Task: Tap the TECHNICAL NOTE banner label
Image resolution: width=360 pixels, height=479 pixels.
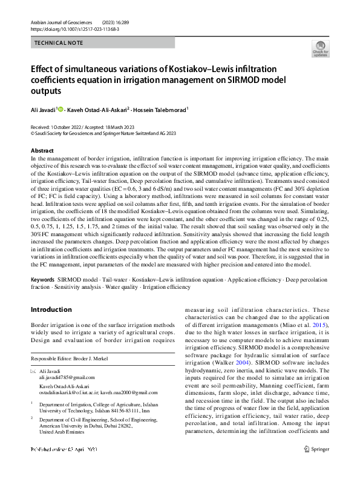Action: click(x=59, y=44)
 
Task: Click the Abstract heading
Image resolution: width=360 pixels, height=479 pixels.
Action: click(x=42, y=150)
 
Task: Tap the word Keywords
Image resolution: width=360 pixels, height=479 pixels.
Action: click(x=43, y=280)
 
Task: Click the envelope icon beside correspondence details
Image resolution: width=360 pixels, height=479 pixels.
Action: click(x=33, y=371)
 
